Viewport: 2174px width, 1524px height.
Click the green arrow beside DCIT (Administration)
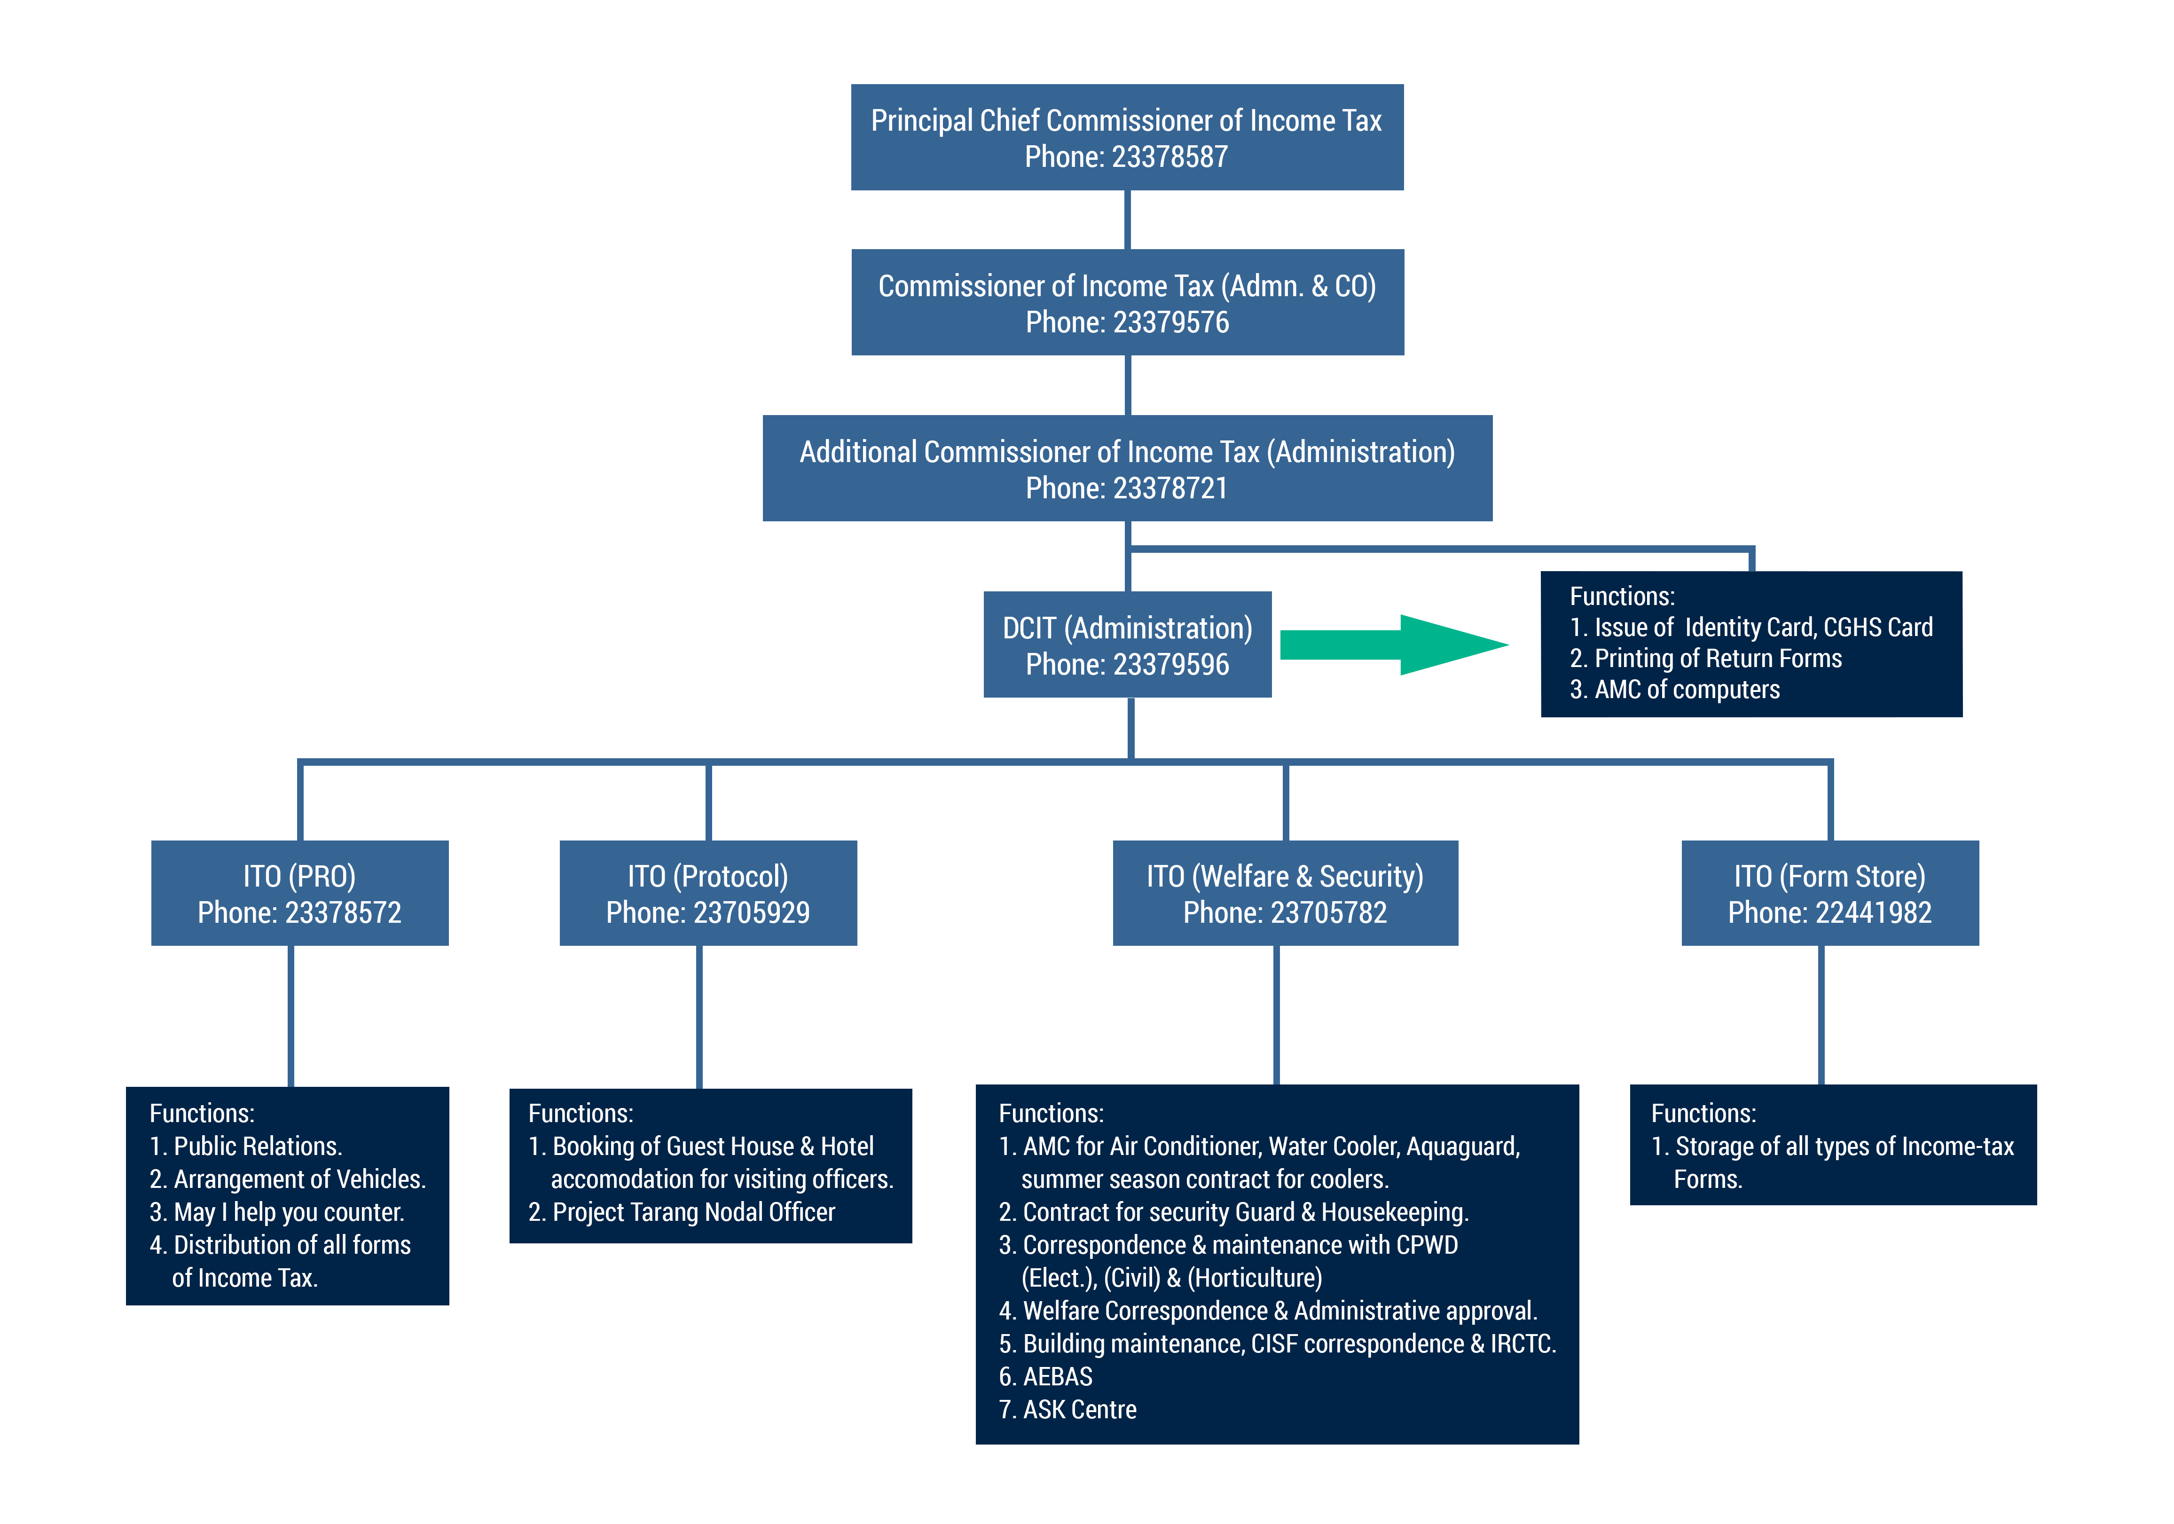1392,645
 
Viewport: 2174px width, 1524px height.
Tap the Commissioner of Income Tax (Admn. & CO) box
1127,302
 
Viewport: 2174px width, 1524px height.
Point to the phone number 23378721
1170,489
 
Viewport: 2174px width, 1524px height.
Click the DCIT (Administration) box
1127,645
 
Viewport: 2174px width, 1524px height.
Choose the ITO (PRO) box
299,893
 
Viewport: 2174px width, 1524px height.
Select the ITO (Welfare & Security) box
1285,893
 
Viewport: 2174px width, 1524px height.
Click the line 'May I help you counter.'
277,1212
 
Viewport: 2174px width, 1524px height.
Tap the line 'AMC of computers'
1675,690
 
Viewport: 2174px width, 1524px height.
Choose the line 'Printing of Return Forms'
1706,658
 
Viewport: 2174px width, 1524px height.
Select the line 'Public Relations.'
246,1146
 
